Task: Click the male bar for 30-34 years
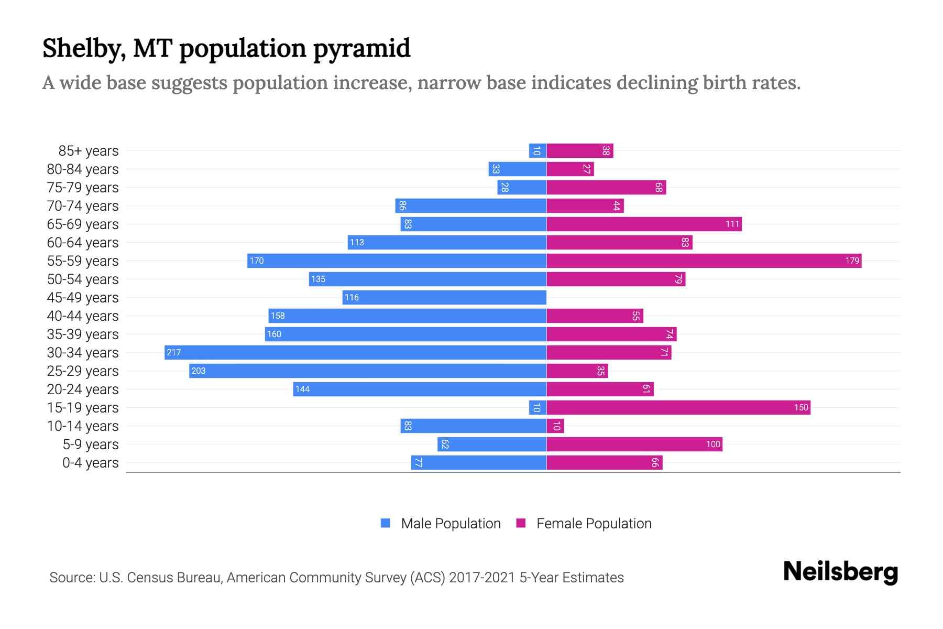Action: click(x=355, y=352)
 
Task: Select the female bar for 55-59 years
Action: click(x=704, y=261)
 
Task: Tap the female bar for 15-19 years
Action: click(x=678, y=407)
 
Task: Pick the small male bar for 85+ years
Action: click(x=538, y=151)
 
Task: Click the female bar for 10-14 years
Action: click(x=555, y=426)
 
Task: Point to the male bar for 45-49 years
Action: click(x=444, y=297)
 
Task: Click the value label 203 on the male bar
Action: click(x=199, y=371)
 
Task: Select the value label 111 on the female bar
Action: click(x=732, y=224)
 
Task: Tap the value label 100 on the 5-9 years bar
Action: click(x=713, y=444)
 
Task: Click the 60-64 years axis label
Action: click(x=83, y=243)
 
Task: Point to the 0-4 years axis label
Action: click(x=90, y=463)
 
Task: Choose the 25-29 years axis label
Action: click(x=83, y=371)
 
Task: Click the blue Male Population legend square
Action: click(x=386, y=523)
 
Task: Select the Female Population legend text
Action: click(x=594, y=524)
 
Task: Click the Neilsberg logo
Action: click(x=840, y=572)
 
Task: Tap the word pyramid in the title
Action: click(x=361, y=49)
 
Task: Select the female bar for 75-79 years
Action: click(x=606, y=188)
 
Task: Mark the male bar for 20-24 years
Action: click(x=419, y=389)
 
